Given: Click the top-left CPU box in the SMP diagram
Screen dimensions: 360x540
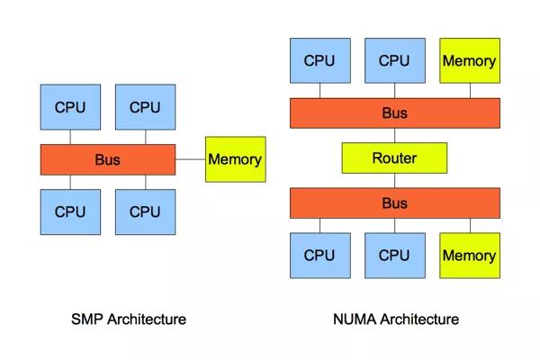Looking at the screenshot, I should click(x=70, y=107).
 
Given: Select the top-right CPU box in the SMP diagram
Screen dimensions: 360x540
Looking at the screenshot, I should click(x=145, y=107).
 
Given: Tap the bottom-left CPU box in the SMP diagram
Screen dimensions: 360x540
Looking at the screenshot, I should click(x=70, y=212).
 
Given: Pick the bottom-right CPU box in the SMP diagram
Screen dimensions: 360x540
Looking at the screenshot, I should click(x=145, y=212).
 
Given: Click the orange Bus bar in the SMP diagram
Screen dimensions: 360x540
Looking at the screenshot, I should click(x=107, y=160).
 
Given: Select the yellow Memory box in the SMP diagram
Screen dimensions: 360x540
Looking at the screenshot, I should click(x=235, y=159).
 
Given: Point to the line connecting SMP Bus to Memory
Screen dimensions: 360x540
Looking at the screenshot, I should click(x=190, y=159).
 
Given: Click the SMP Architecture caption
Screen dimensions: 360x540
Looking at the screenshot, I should click(x=128, y=319).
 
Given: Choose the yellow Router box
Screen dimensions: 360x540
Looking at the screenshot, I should click(x=394, y=158).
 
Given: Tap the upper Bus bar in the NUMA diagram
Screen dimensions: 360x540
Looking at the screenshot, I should click(x=394, y=113).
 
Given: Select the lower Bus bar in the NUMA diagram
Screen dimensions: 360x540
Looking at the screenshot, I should click(x=394, y=203).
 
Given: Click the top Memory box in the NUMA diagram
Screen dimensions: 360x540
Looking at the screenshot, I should click(x=469, y=61).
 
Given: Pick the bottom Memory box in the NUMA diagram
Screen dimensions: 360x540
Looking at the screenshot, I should click(x=469, y=256).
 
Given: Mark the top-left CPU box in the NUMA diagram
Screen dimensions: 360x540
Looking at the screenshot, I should click(x=319, y=61).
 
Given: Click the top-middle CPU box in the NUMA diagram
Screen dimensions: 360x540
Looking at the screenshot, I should click(x=394, y=61).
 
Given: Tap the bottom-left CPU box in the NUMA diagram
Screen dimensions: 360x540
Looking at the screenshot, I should click(x=319, y=256).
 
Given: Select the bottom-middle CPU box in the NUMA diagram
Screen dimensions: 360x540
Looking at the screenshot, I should click(x=394, y=256).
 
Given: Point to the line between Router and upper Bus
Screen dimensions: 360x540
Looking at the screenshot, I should click(x=394, y=136).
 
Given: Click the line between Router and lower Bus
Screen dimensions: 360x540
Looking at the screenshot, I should click(x=394, y=181).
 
